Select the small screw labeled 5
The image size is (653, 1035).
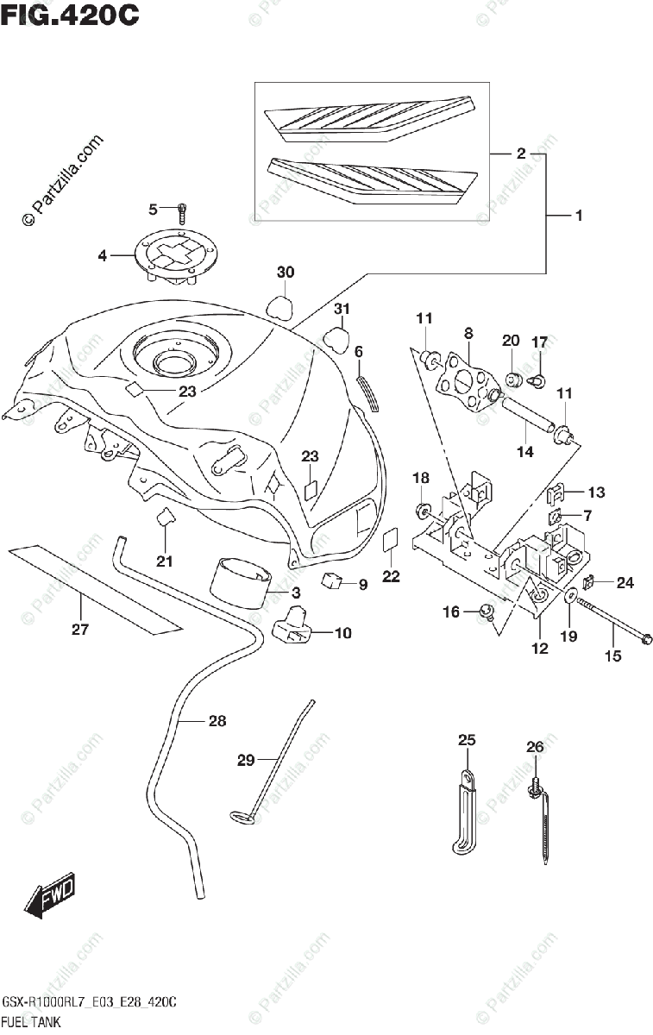(x=182, y=214)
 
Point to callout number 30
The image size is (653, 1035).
(x=286, y=273)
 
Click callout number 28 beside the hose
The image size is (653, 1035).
(x=217, y=721)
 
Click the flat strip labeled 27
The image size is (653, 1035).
(x=95, y=588)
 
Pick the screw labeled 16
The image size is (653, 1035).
(x=487, y=612)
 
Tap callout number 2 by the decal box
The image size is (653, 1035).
(x=521, y=154)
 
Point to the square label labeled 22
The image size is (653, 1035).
(x=391, y=539)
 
